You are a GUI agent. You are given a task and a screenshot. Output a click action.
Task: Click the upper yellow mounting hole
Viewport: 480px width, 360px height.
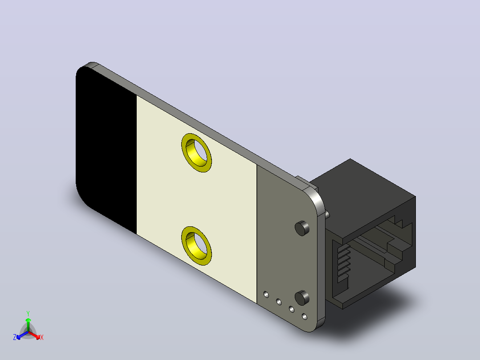coord(196,152)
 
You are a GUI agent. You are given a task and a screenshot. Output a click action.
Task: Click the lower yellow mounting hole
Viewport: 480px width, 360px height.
coord(196,246)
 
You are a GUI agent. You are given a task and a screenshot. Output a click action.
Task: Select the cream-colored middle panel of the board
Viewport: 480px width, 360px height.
coord(196,199)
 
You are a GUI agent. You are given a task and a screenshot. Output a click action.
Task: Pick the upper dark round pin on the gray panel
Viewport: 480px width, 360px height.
coord(302,228)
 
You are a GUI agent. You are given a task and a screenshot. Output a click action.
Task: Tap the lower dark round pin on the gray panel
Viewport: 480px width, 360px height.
coord(302,298)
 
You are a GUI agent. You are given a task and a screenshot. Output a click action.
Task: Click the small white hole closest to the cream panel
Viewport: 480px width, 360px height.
coord(266,295)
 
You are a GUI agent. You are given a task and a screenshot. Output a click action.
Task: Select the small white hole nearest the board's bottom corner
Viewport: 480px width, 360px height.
coord(304,316)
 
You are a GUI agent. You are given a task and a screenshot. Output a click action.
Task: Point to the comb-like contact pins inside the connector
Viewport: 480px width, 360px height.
coord(343,263)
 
